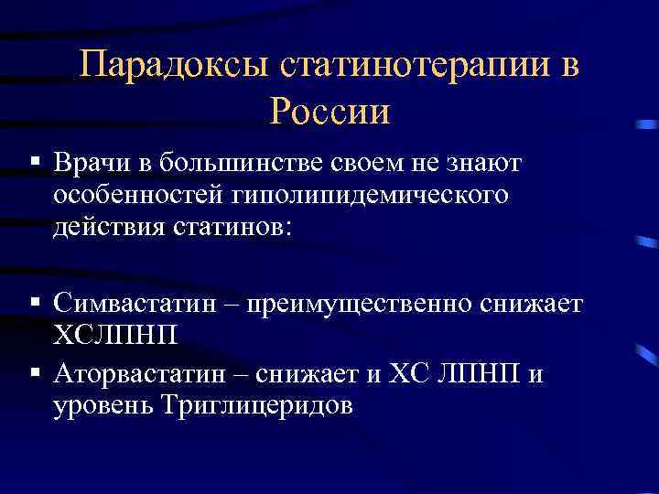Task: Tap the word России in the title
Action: point(330,111)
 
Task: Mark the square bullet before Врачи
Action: point(34,161)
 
